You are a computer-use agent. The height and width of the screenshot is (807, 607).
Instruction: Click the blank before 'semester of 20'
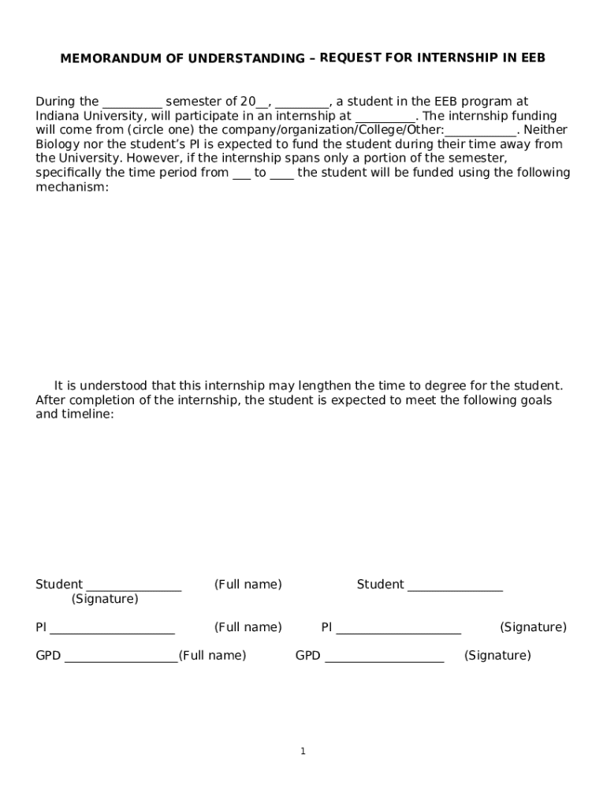(x=132, y=102)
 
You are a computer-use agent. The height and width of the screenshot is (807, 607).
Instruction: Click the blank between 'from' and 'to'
(x=242, y=173)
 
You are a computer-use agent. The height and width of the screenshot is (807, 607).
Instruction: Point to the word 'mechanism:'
(x=72, y=187)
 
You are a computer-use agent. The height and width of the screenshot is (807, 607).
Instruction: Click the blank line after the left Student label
(x=133, y=585)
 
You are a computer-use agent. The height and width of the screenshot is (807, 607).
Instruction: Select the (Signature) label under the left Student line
(x=104, y=599)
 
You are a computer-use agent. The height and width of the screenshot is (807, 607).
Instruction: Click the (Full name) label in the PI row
(x=248, y=627)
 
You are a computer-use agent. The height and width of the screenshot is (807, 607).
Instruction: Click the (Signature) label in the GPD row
(x=497, y=656)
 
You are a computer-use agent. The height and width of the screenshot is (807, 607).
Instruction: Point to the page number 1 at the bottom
(x=303, y=752)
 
